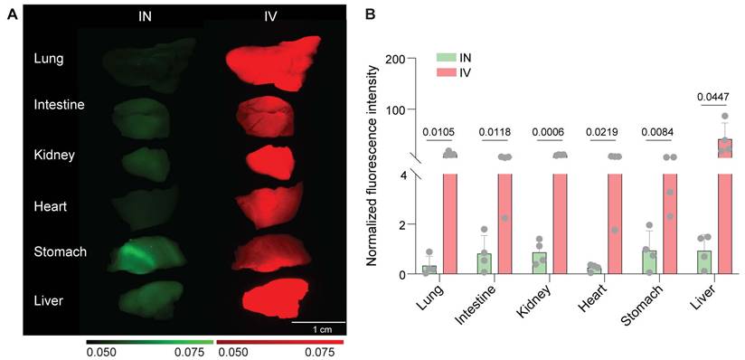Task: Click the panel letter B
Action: point(369,15)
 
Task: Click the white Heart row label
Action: point(52,207)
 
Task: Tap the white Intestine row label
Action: point(59,105)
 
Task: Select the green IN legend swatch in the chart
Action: point(448,57)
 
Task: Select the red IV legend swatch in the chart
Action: point(448,71)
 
